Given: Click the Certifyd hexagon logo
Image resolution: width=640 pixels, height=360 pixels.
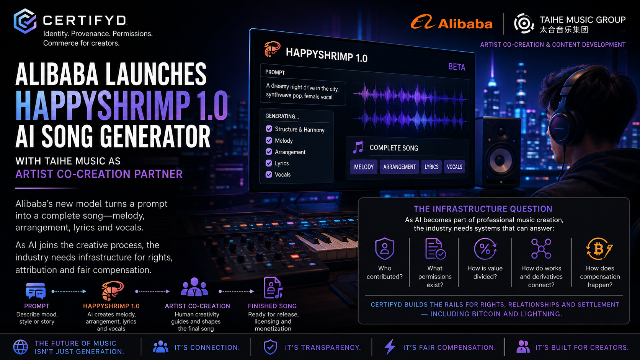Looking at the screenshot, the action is [x=25, y=21].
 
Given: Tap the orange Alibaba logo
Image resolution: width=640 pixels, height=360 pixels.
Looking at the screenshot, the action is [x=451, y=22].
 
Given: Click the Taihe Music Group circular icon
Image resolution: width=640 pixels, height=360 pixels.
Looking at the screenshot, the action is [x=524, y=23].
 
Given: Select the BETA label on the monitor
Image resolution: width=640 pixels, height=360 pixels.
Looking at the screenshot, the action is [x=457, y=67].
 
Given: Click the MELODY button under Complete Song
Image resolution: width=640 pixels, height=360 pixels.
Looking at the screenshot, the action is [x=364, y=167].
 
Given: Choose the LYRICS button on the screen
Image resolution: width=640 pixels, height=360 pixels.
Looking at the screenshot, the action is [x=431, y=167].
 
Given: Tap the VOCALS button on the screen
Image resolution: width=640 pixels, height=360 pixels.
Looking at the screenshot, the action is [x=454, y=167].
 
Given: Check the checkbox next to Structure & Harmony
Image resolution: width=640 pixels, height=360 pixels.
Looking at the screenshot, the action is [x=269, y=129].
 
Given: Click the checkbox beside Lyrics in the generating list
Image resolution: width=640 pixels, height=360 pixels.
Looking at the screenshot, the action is [x=269, y=163].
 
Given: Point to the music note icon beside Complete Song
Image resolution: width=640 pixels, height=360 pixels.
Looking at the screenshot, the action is [x=358, y=147].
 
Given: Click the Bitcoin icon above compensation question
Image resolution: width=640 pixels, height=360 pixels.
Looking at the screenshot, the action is [x=599, y=249].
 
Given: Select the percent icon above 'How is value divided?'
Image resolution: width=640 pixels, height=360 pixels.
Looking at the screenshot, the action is [x=485, y=249].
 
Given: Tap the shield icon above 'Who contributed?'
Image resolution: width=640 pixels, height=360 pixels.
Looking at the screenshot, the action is [x=385, y=249].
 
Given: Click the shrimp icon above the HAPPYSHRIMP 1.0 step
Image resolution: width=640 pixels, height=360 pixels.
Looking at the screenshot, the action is [x=112, y=290].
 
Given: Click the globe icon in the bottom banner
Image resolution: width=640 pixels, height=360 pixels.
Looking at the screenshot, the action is [x=21, y=347].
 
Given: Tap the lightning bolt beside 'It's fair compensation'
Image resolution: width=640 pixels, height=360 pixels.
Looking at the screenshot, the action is [x=390, y=347].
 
